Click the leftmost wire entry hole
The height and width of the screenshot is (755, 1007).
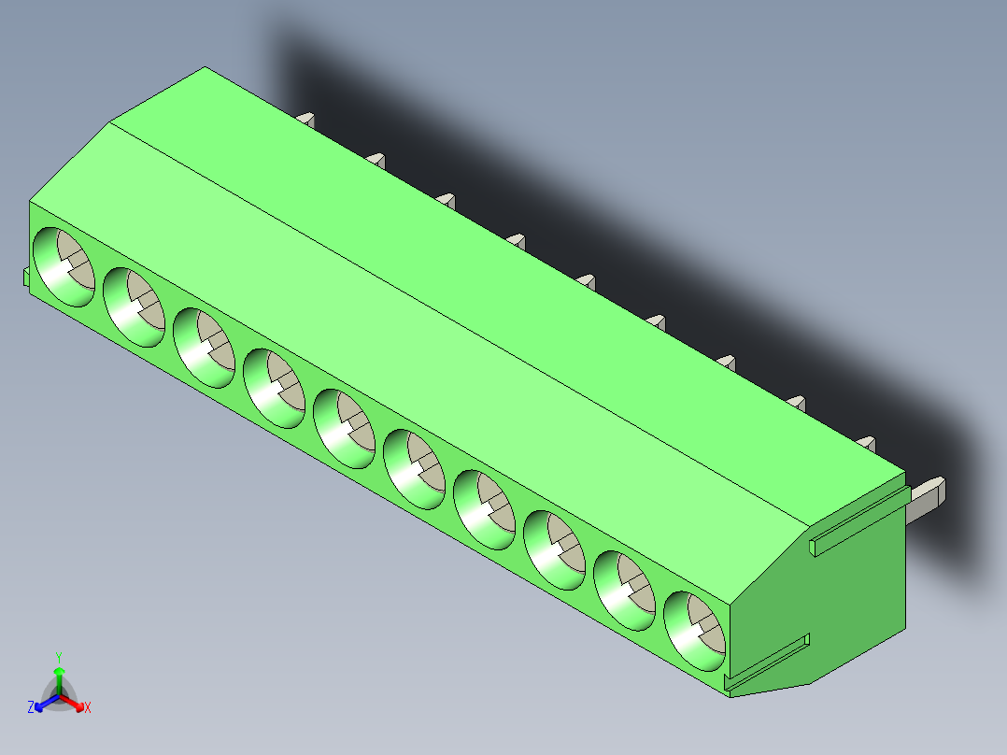pos(64,266)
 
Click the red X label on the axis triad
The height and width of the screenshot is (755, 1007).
pos(88,708)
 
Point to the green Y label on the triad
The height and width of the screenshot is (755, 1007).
pos(58,656)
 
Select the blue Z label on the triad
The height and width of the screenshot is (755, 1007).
pos(31,708)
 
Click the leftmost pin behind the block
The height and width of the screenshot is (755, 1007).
pos(306,119)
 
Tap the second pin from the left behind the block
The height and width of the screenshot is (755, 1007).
pos(376,160)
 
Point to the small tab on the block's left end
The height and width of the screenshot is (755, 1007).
pos(25,277)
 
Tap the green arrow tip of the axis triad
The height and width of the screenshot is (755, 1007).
pos(58,672)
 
